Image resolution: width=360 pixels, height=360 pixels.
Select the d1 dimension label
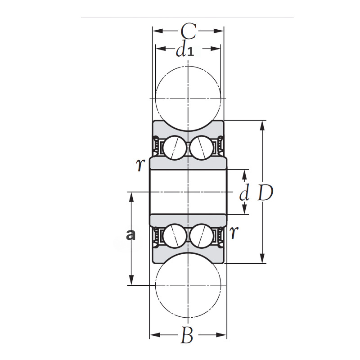[x=184, y=50]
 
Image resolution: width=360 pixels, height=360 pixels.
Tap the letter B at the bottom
[x=188, y=336]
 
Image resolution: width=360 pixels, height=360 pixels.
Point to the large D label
[x=265, y=193]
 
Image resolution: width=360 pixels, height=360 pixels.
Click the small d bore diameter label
[x=244, y=194]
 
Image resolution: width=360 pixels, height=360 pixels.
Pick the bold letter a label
[x=131, y=234]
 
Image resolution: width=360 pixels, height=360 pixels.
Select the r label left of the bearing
[x=140, y=165]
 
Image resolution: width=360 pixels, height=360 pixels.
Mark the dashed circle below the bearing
[x=188, y=285]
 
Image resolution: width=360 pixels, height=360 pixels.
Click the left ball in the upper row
[x=174, y=148]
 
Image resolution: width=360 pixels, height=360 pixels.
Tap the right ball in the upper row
[x=202, y=148]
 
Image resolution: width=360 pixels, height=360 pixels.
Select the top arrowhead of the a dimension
[x=131, y=196]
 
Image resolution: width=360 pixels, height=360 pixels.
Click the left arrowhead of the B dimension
[x=153, y=335]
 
